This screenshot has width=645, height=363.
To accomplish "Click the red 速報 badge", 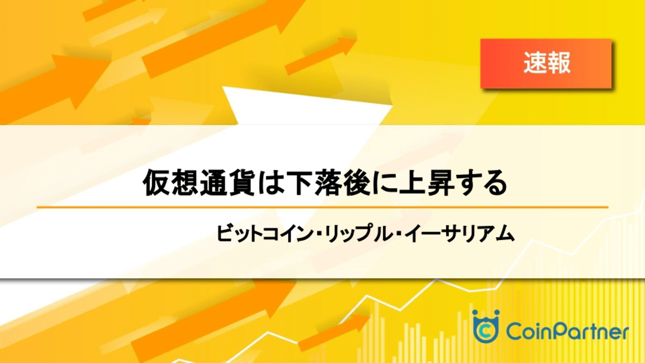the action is (x=546, y=63).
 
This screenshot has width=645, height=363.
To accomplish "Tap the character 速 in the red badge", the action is (x=535, y=63).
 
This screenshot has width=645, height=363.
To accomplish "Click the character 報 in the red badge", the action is (x=559, y=63).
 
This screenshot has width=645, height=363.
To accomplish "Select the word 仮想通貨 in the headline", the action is (x=199, y=183).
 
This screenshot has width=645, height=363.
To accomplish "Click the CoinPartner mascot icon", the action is (x=486, y=326).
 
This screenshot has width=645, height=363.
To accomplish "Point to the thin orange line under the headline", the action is (x=322, y=207).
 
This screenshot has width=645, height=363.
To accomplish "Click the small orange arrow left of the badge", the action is (x=321, y=55).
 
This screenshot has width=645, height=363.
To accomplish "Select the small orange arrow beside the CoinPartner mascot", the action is (x=334, y=332).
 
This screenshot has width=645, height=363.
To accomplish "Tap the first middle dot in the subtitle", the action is (x=318, y=234).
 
